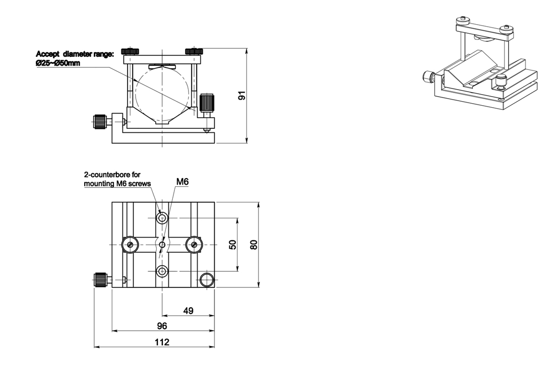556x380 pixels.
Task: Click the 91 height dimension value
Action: (x=242, y=96)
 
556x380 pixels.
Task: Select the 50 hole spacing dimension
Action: (x=232, y=245)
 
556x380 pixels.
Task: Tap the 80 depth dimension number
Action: (x=254, y=245)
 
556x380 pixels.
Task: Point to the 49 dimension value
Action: (x=188, y=311)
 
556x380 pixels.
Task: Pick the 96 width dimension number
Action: (x=162, y=326)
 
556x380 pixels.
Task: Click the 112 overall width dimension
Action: (x=162, y=342)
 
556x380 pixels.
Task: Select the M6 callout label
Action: (x=182, y=181)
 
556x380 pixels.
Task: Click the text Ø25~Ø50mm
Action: (x=58, y=63)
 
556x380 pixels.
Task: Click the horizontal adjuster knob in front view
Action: (x=100, y=121)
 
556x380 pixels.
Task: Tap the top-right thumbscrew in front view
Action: (x=194, y=51)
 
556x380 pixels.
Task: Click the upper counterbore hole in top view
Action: (x=162, y=218)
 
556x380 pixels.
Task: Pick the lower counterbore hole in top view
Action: (x=162, y=272)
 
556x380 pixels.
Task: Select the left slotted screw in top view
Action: (x=130, y=245)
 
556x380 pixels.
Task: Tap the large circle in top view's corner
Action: (x=206, y=280)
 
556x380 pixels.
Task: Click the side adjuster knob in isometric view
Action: (x=428, y=77)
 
